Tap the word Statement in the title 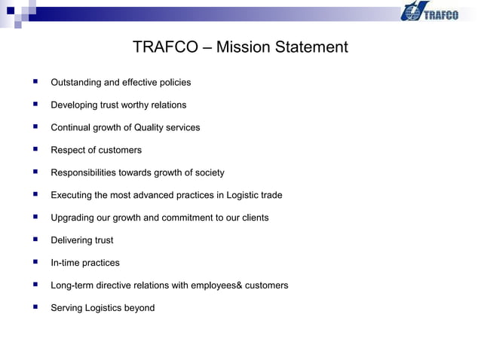(311, 47)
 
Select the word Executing (72, 195)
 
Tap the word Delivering (71, 240)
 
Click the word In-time (66, 263)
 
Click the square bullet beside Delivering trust (35, 239)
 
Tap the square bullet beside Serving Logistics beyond (35, 307)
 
